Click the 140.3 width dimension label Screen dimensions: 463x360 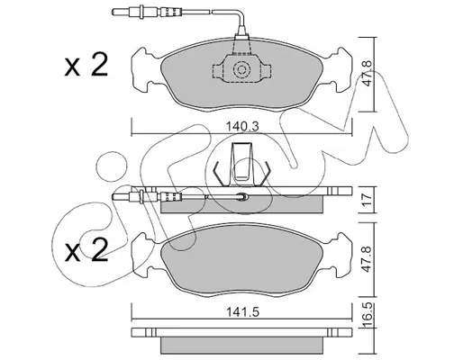pyautogui.click(x=242, y=126)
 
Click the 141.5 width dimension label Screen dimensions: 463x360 pyautogui.click(x=242, y=312)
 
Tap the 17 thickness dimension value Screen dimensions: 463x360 pyautogui.click(x=367, y=199)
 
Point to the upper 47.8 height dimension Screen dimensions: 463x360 pyautogui.click(x=367, y=74)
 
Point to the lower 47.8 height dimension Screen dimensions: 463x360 pyautogui.click(x=367, y=259)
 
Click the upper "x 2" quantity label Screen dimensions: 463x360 pyautogui.click(x=86, y=66)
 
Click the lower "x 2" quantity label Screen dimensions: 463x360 pyautogui.click(x=86, y=251)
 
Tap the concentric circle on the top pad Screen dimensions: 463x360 pyautogui.click(x=241, y=70)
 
